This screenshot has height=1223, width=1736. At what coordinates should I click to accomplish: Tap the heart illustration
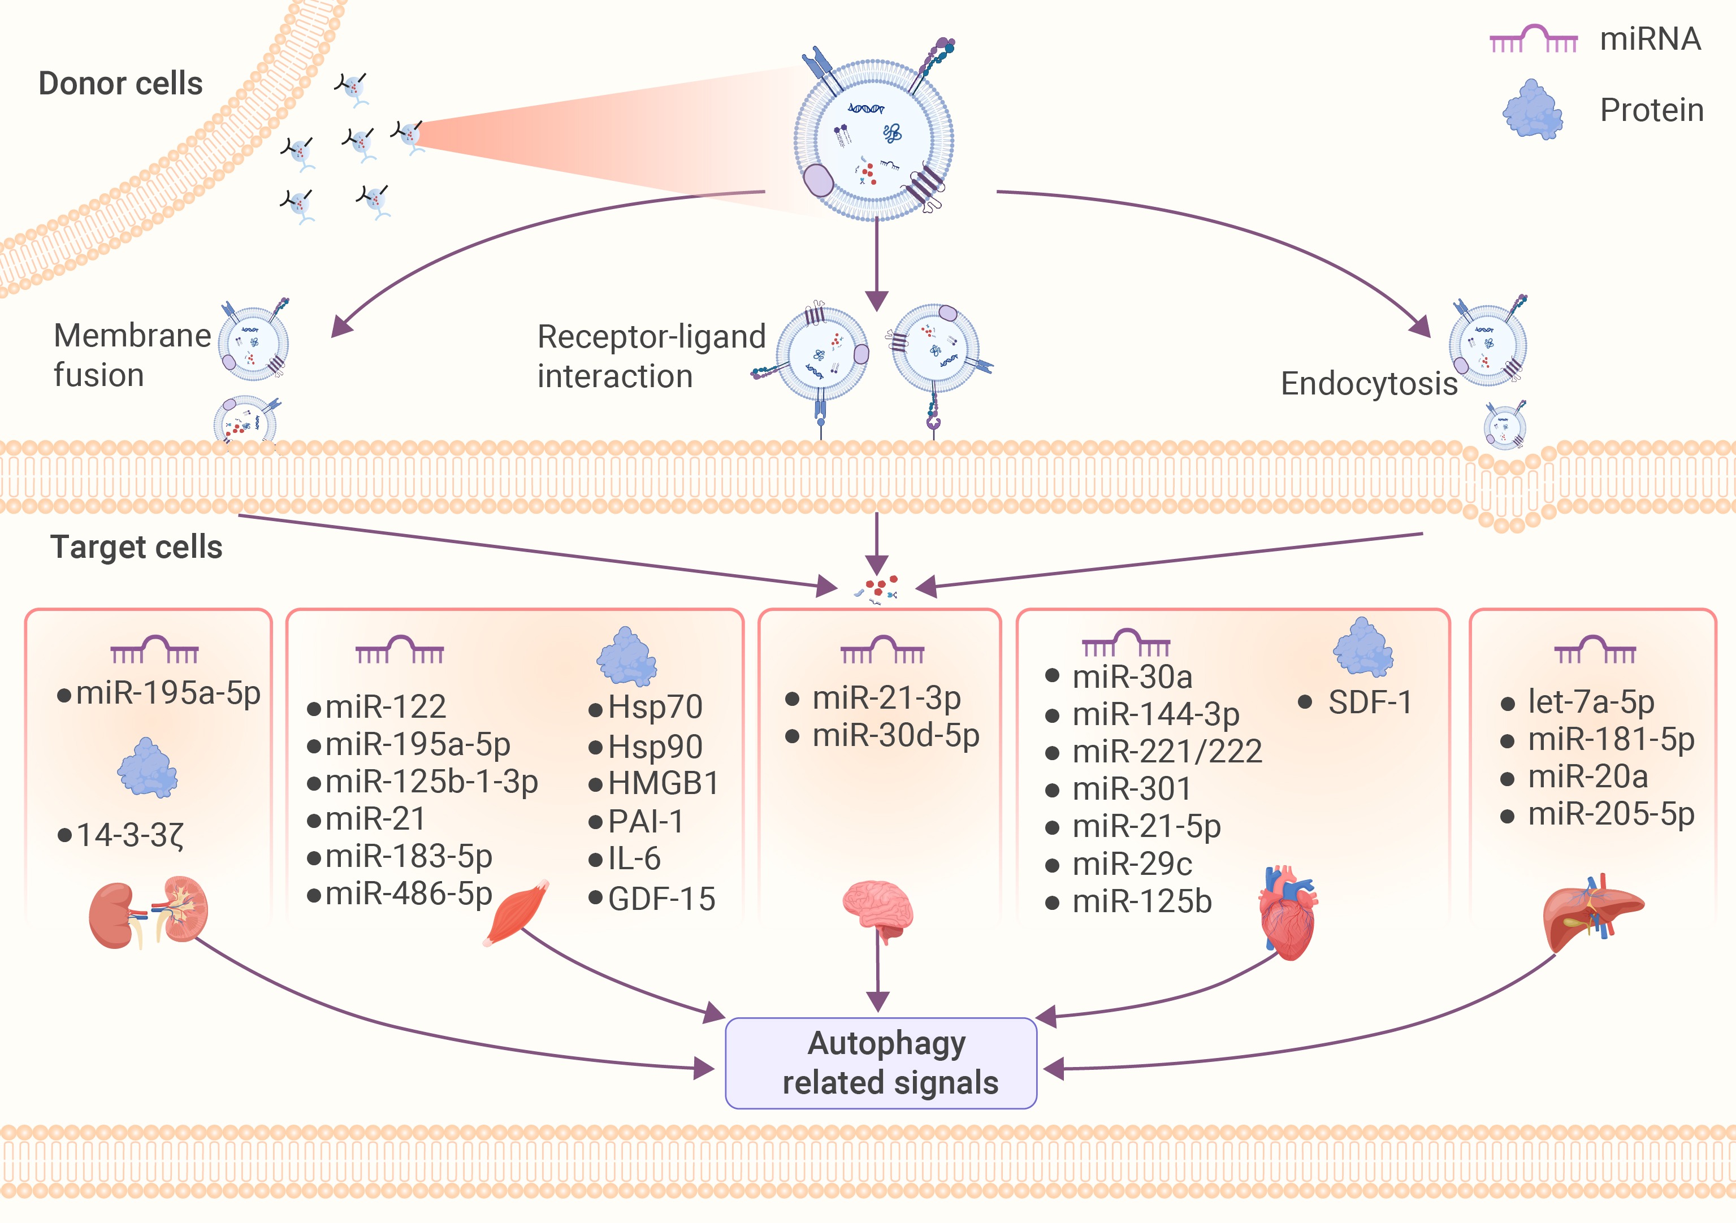1288,913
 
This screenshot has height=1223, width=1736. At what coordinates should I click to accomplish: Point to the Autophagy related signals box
881,1062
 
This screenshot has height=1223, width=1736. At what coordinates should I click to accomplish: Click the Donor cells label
120,83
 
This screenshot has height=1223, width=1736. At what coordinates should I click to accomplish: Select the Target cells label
136,547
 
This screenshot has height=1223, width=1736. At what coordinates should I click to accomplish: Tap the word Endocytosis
1369,383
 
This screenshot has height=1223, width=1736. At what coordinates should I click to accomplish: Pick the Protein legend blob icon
1532,110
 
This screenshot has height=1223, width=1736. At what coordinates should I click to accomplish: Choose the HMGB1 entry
663,783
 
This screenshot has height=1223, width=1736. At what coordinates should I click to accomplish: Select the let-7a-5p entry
1590,702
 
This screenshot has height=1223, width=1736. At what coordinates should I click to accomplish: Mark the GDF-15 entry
661,899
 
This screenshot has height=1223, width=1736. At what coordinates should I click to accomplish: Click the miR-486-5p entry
408,894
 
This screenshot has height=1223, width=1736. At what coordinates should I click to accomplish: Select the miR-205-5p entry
1611,814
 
